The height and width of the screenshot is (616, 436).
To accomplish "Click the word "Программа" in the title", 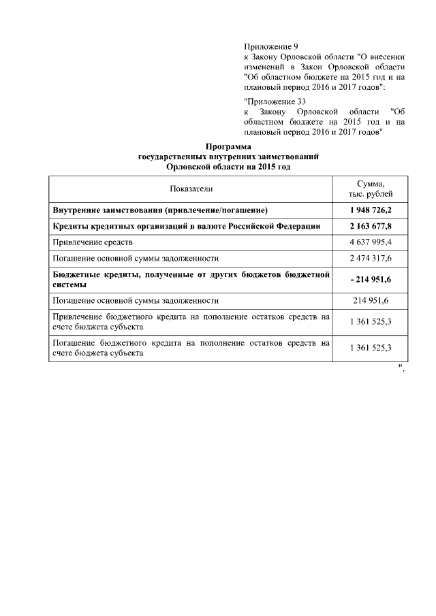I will click(x=228, y=147).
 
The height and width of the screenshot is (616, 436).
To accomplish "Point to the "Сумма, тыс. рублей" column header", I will click(x=371, y=189).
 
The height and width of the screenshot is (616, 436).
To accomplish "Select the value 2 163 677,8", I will click(x=371, y=225).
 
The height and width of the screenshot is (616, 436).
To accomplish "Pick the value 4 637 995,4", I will click(x=371, y=242).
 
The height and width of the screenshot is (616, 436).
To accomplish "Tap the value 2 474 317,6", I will click(x=371, y=259).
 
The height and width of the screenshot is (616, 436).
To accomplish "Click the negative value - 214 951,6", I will click(x=371, y=280).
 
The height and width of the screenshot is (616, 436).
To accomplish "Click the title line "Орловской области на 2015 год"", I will click(x=228, y=166).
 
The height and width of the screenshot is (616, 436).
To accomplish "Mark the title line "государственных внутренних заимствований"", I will click(x=228, y=157).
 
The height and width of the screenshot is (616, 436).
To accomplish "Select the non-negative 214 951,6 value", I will click(x=371, y=300).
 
